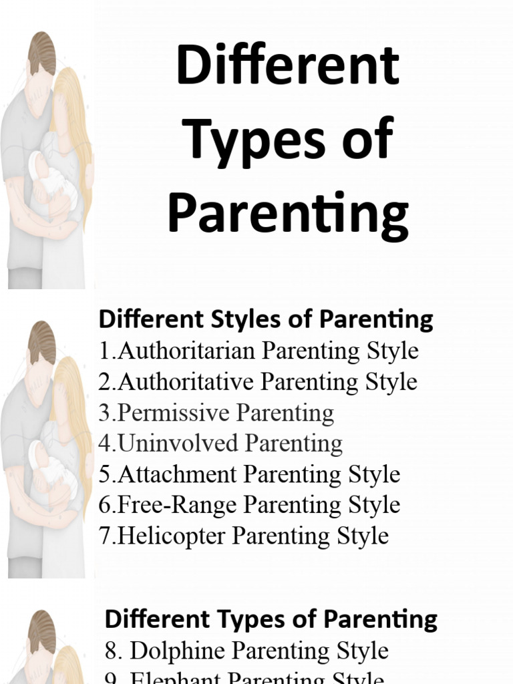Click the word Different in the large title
[x=288, y=69]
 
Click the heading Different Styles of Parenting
[x=266, y=319]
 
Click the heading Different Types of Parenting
[x=271, y=619]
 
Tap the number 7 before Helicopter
[x=104, y=536]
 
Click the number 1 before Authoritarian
[x=104, y=351]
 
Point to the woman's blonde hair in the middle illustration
[x=73, y=387]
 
